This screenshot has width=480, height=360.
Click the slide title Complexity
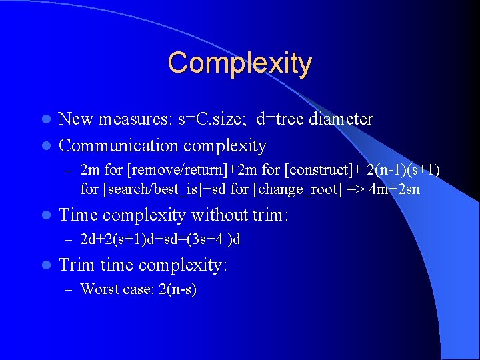[x=239, y=63]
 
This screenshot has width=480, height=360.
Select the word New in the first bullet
[x=76, y=119]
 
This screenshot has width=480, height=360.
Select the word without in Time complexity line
[x=216, y=215]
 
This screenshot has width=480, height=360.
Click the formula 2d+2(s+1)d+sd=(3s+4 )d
[x=160, y=239]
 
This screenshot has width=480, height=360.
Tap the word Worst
[x=98, y=289]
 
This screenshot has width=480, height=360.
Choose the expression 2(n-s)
[x=173, y=289]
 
